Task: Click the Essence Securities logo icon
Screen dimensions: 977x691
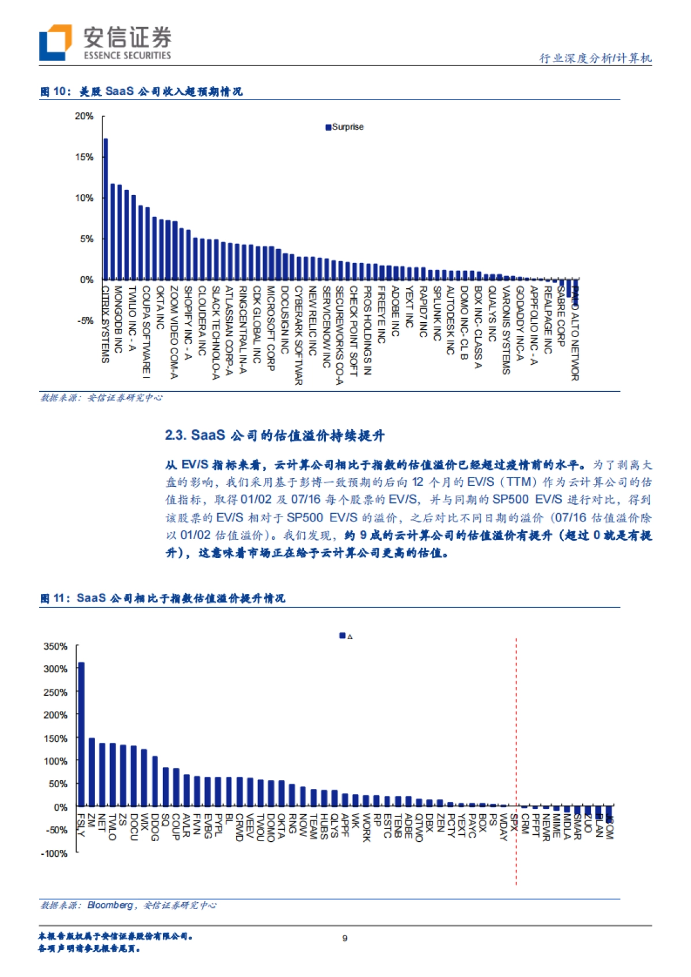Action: (55, 42)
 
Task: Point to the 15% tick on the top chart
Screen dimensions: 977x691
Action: (84, 157)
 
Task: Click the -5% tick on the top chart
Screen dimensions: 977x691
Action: (85, 320)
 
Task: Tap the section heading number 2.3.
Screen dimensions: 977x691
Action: (176, 435)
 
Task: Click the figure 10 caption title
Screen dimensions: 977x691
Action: (141, 91)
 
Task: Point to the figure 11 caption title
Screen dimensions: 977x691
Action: (162, 598)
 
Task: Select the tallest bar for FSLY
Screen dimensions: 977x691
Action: (81, 734)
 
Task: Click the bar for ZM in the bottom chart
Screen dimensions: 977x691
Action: (92, 772)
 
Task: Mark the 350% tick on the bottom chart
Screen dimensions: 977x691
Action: (56, 646)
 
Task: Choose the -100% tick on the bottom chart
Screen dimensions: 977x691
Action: (55, 853)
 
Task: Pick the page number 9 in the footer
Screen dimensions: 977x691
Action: (345, 938)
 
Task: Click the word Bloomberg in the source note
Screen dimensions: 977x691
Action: (110, 905)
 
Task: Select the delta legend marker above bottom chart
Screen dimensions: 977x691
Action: (343, 636)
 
